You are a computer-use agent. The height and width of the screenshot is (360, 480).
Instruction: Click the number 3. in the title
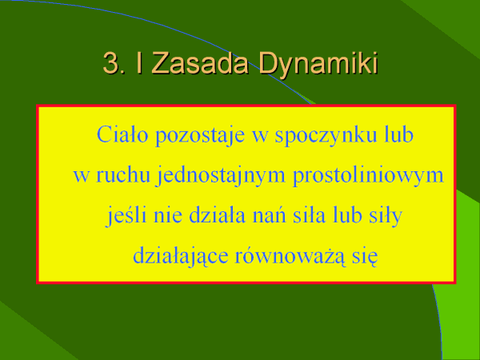(x=114, y=63)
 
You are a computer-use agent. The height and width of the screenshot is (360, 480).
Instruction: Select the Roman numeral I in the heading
(x=139, y=62)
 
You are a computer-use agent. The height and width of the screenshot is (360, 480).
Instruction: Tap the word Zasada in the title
(x=199, y=62)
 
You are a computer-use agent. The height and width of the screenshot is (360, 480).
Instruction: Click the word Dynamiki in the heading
(x=318, y=63)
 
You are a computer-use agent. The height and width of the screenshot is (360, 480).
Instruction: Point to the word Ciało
(x=122, y=134)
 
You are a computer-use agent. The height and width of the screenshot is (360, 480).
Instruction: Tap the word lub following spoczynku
(x=398, y=134)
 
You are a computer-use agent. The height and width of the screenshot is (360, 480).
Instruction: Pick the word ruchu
(x=123, y=174)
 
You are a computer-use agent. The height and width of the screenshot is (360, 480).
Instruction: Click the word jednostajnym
(x=221, y=176)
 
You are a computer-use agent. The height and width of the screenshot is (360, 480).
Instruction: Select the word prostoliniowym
(x=368, y=176)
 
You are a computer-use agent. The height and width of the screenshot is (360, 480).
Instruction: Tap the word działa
(x=217, y=214)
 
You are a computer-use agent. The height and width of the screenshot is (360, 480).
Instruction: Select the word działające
(x=181, y=256)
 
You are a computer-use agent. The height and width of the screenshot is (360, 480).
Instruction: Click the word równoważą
(x=290, y=256)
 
